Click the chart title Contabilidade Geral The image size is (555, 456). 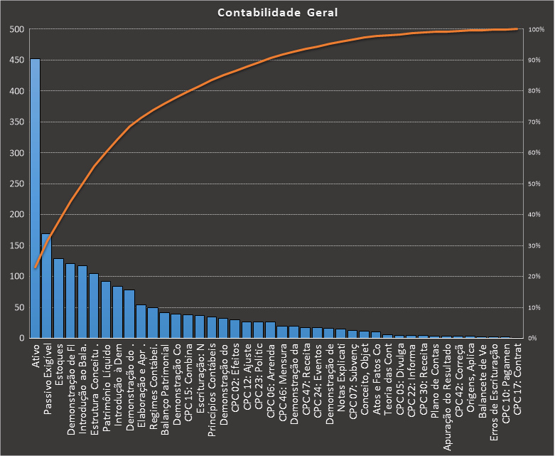click(x=278, y=13)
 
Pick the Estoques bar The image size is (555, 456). click(x=58, y=298)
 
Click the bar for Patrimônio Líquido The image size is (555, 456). click(x=105, y=309)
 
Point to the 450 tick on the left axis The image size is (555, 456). click(x=16, y=60)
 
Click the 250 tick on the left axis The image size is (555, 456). click(x=16, y=184)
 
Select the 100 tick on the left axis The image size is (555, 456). click(x=16, y=276)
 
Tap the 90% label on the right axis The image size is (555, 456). click(x=537, y=60)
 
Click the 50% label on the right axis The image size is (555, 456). click(x=537, y=184)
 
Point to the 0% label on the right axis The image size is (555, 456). click(x=538, y=338)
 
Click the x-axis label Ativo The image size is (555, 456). click(x=36, y=356)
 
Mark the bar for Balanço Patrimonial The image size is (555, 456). click(x=164, y=325)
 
